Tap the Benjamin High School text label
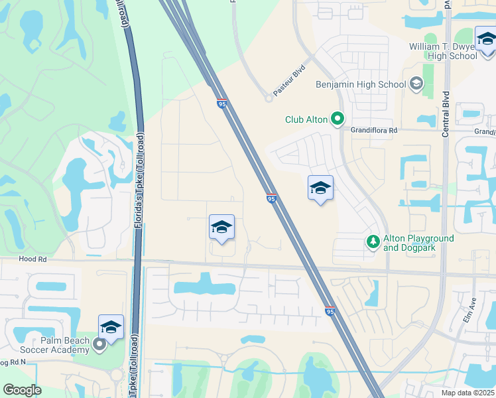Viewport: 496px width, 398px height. pyautogui.click(x=361, y=84)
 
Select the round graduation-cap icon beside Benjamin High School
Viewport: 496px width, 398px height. pyautogui.click(x=416, y=84)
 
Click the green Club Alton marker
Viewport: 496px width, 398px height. pyautogui.click(x=337, y=119)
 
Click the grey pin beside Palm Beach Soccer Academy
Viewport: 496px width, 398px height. pyautogui.click(x=99, y=344)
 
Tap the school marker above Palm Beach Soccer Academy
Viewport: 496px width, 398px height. pyautogui.click(x=111, y=327)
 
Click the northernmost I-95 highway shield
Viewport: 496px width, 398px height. pyautogui.click(x=221, y=103)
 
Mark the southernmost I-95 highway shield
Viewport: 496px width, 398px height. pyautogui.click(x=330, y=310)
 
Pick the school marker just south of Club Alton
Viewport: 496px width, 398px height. pyautogui.click(x=320, y=188)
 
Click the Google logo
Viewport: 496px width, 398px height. pyautogui.click(x=23, y=390)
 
